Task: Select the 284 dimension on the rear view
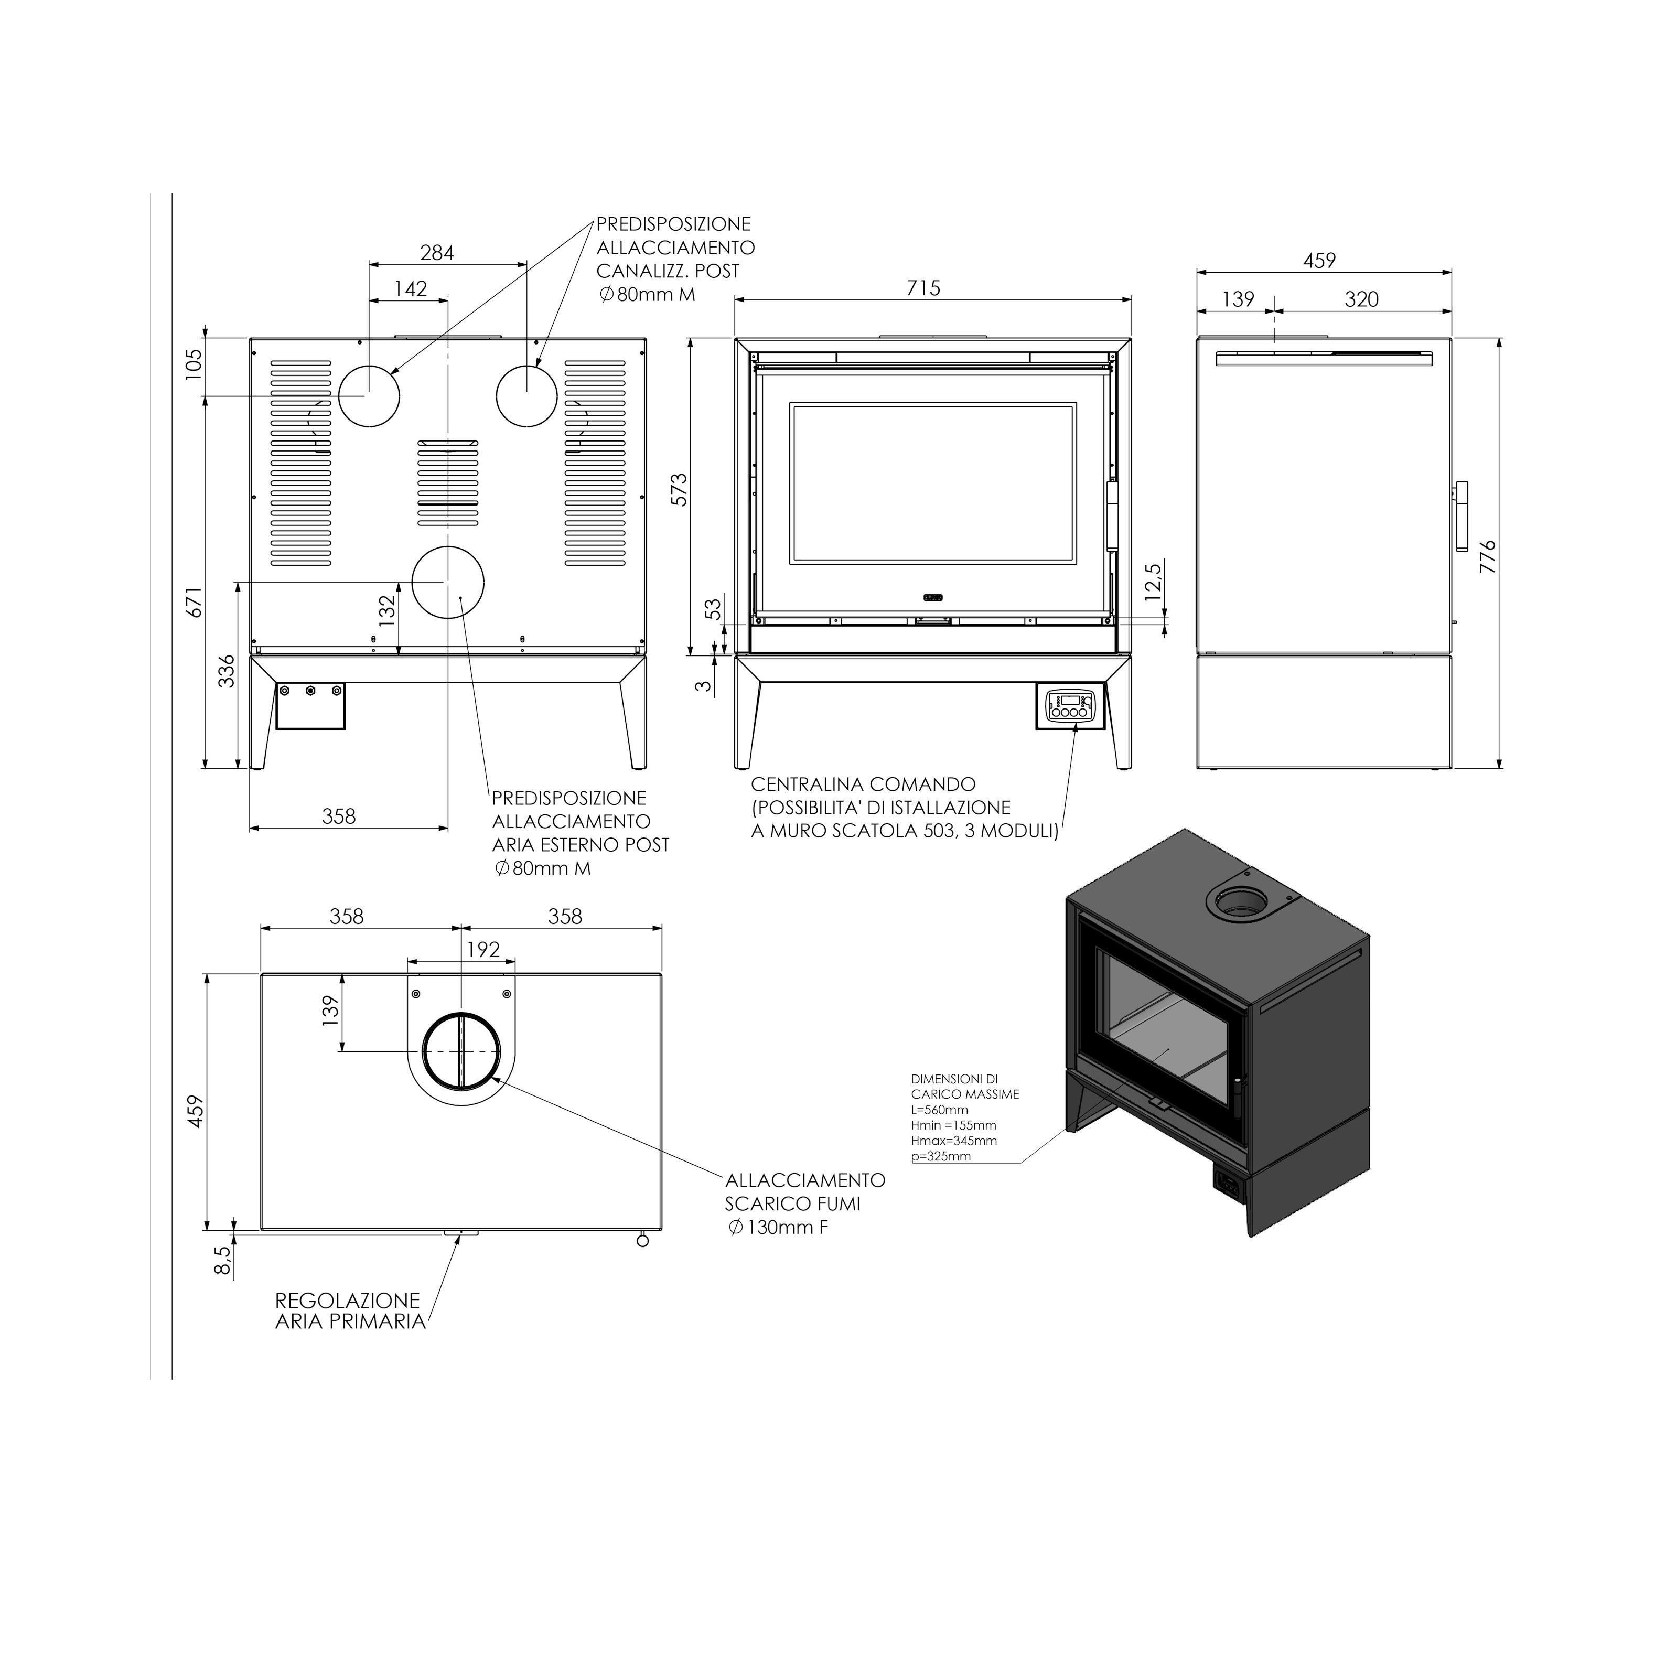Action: [437, 253]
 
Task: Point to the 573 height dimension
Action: [679, 489]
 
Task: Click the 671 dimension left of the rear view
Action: [195, 601]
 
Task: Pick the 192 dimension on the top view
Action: [483, 949]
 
